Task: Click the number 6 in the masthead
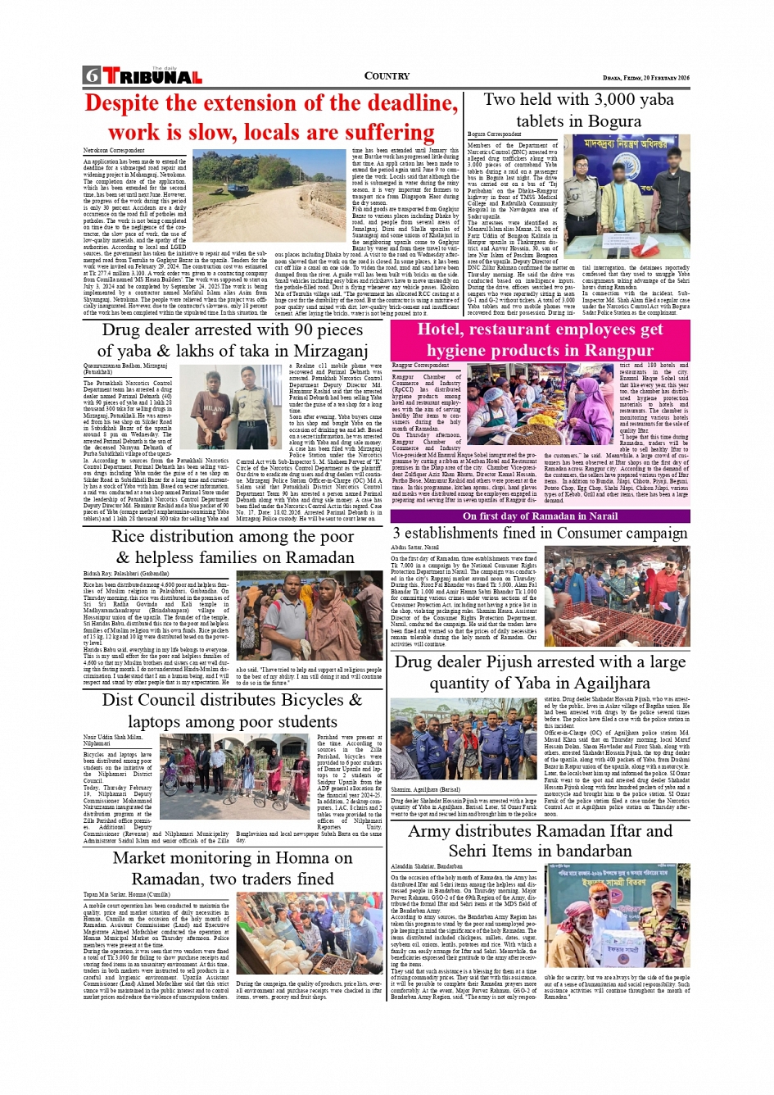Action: [91, 76]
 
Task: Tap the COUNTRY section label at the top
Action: [387, 76]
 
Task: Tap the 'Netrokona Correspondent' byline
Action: [114, 151]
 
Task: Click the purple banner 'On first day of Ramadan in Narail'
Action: [540, 516]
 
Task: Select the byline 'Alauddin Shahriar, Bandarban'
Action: [426, 866]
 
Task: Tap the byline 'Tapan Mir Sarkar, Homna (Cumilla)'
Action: [127, 895]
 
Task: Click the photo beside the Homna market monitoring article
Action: [309, 934]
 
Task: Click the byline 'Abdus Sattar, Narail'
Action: [414, 547]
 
